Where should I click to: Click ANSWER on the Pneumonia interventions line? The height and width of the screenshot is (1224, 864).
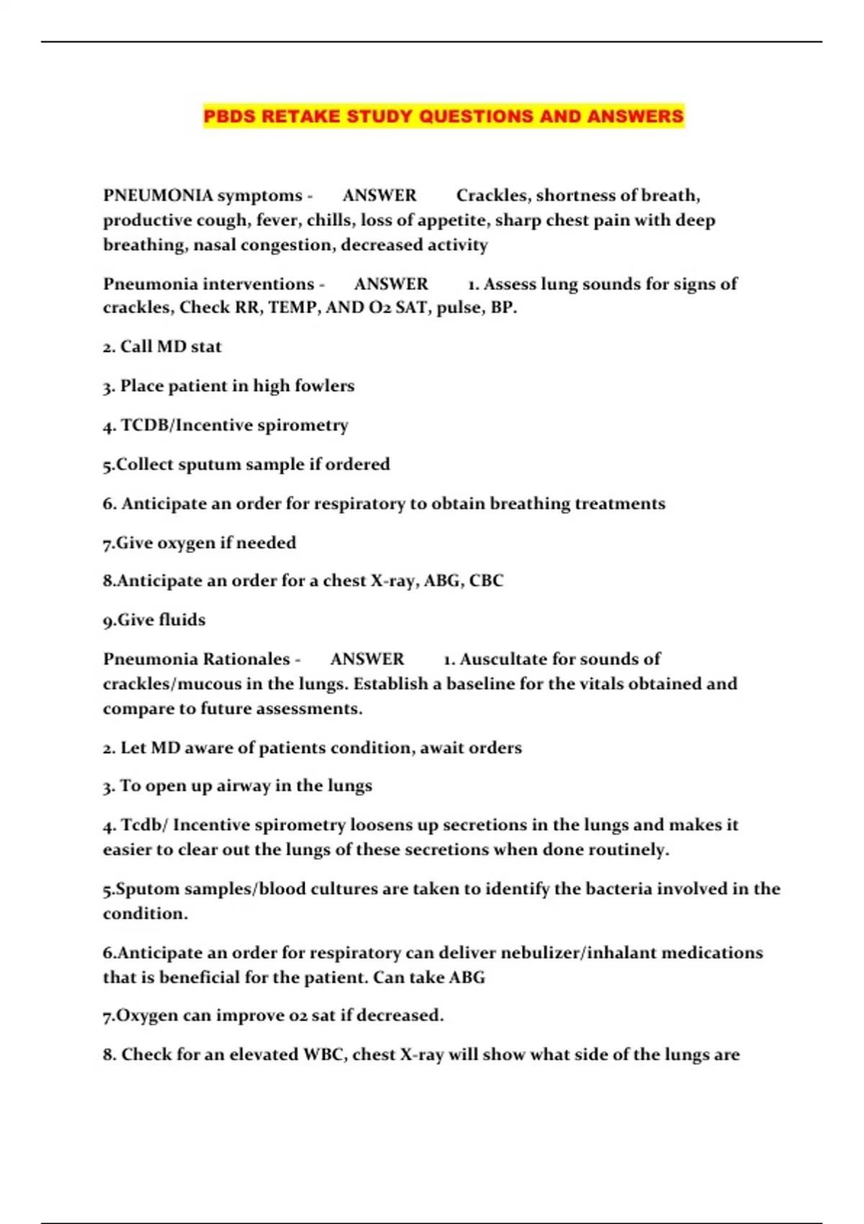pos(391,284)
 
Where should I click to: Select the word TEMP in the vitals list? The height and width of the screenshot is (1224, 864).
pos(292,308)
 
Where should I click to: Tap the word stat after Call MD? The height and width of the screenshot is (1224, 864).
pos(206,347)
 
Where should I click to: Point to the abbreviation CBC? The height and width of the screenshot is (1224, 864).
pos(486,581)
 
